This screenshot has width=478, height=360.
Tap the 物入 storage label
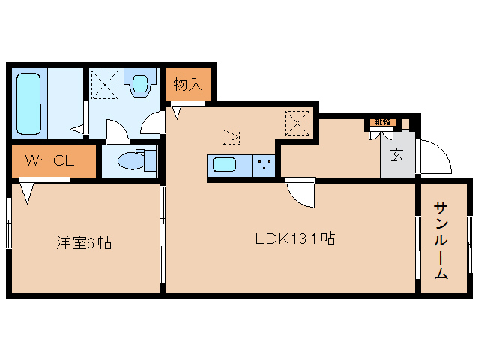click(188, 83)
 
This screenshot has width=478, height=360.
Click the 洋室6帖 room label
click(84, 242)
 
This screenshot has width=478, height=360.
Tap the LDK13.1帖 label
click(294, 239)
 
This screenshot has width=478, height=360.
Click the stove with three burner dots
click(264, 164)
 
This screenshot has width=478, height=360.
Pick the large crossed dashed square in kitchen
click(297, 120)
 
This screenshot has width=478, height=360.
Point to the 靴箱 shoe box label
click(381, 121)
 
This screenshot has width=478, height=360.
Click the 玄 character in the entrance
click(395, 155)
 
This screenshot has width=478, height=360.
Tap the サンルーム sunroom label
click(441, 240)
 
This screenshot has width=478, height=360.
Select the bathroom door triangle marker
click(78, 130)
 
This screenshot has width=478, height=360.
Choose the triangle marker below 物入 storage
click(178, 112)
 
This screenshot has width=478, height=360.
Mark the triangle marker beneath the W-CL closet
click(28, 194)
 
